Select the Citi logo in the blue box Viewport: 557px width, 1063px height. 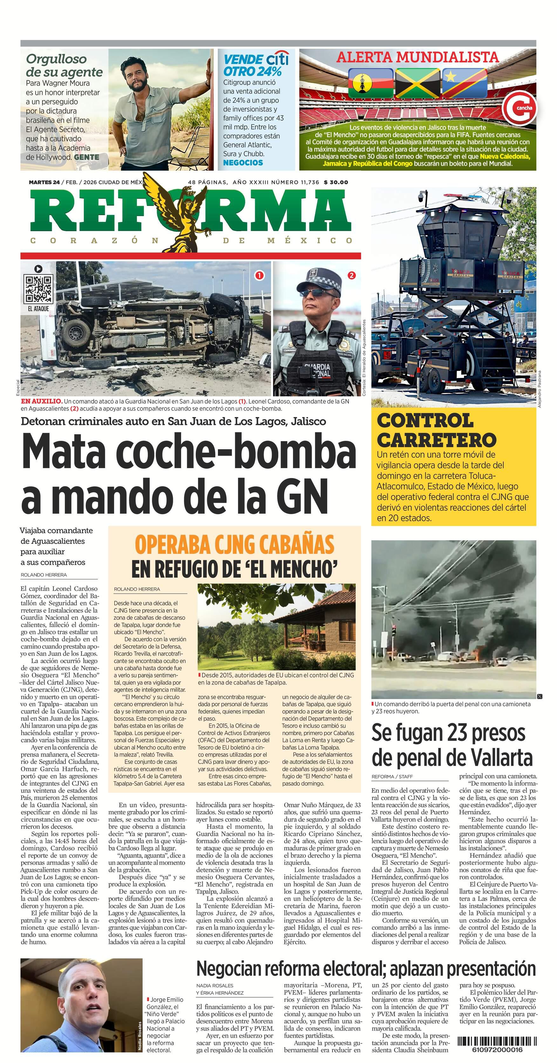coord(277,59)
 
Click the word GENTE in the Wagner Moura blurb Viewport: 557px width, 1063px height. coord(86,157)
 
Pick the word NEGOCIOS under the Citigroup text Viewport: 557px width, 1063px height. coord(243,163)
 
